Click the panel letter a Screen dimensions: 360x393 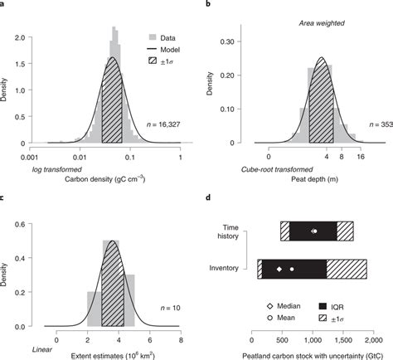tap(5, 4)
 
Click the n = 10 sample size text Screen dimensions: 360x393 tap(166, 309)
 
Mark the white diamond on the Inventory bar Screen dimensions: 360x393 tap(279, 270)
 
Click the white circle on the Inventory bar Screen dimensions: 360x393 tap(292, 270)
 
